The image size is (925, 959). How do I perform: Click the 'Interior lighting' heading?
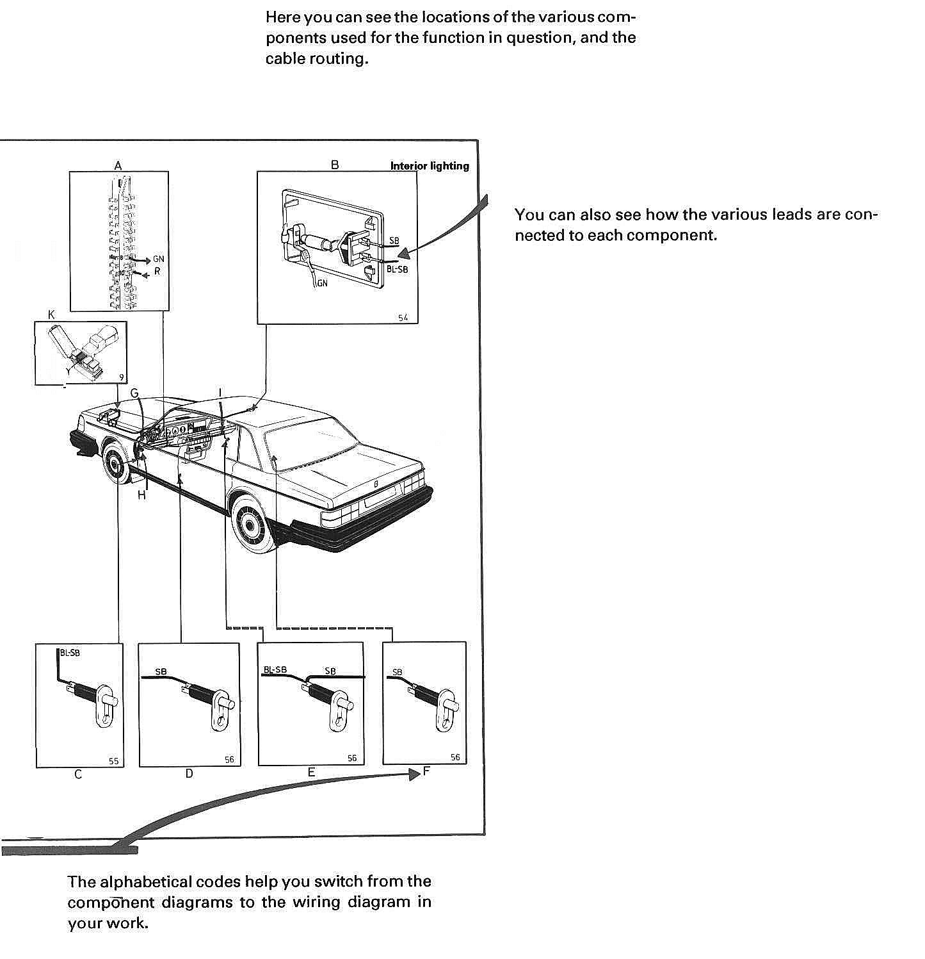[430, 166]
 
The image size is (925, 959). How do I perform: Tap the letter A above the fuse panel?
[118, 165]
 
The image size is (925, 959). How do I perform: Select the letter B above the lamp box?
[335, 165]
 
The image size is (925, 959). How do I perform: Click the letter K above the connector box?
[52, 315]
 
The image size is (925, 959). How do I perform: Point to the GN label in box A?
[158, 259]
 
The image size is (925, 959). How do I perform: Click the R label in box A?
[157, 272]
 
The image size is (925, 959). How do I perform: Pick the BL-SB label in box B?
[397, 270]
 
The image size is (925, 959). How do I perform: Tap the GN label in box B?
[322, 283]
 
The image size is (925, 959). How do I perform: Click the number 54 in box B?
[403, 318]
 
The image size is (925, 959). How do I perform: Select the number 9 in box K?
[121, 377]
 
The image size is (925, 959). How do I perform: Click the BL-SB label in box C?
[70, 653]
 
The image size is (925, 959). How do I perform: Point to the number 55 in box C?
[113, 762]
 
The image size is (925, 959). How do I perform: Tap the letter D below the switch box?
[189, 774]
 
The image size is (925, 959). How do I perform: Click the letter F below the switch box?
[426, 771]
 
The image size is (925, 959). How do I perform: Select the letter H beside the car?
[141, 495]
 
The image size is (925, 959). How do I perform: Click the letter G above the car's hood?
[134, 393]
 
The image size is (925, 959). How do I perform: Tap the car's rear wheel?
[253, 521]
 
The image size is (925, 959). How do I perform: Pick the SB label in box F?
[398, 672]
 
